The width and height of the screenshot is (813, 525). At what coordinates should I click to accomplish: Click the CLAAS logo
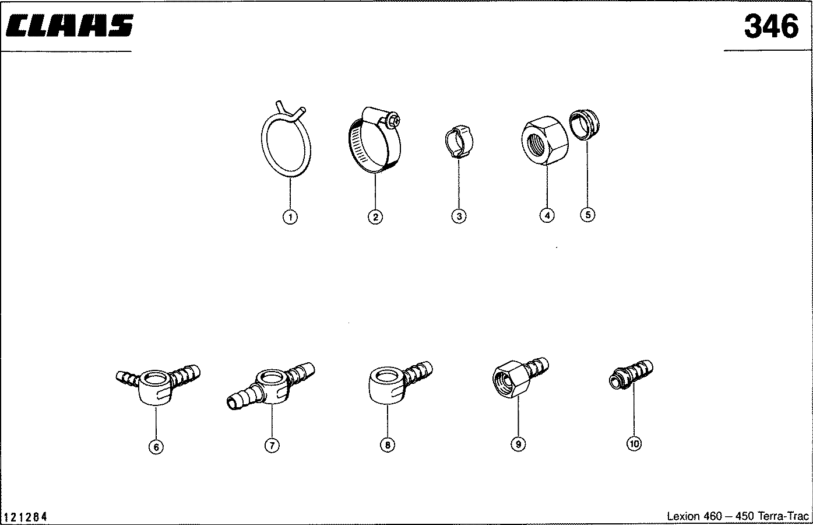[x=69, y=26]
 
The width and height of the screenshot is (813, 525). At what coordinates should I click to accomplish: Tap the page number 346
[x=771, y=26]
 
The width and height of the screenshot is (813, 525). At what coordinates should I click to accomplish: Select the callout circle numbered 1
[x=290, y=217]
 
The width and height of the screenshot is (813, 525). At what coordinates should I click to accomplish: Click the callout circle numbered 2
[x=375, y=217]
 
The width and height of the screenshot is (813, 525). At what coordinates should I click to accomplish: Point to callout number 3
[x=459, y=216]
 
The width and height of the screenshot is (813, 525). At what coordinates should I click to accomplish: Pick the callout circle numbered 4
[x=547, y=215]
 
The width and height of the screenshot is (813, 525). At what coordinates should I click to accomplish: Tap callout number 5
[x=587, y=215]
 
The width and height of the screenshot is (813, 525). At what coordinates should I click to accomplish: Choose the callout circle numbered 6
[x=156, y=446]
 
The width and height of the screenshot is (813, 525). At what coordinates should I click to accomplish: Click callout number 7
[x=272, y=445]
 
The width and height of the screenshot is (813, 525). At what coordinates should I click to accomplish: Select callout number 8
[x=387, y=444]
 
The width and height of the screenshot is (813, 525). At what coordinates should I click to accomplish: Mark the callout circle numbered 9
[x=518, y=444]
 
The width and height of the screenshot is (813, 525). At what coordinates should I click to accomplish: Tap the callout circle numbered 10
[x=634, y=443]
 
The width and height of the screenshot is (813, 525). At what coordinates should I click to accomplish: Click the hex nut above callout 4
[x=545, y=140]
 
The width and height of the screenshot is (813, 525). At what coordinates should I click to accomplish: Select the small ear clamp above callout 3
[x=459, y=142]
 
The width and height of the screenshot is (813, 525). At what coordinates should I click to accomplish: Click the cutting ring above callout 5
[x=585, y=125]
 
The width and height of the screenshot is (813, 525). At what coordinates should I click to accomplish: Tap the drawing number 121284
[x=26, y=516]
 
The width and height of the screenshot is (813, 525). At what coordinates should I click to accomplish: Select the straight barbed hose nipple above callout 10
[x=631, y=374]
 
